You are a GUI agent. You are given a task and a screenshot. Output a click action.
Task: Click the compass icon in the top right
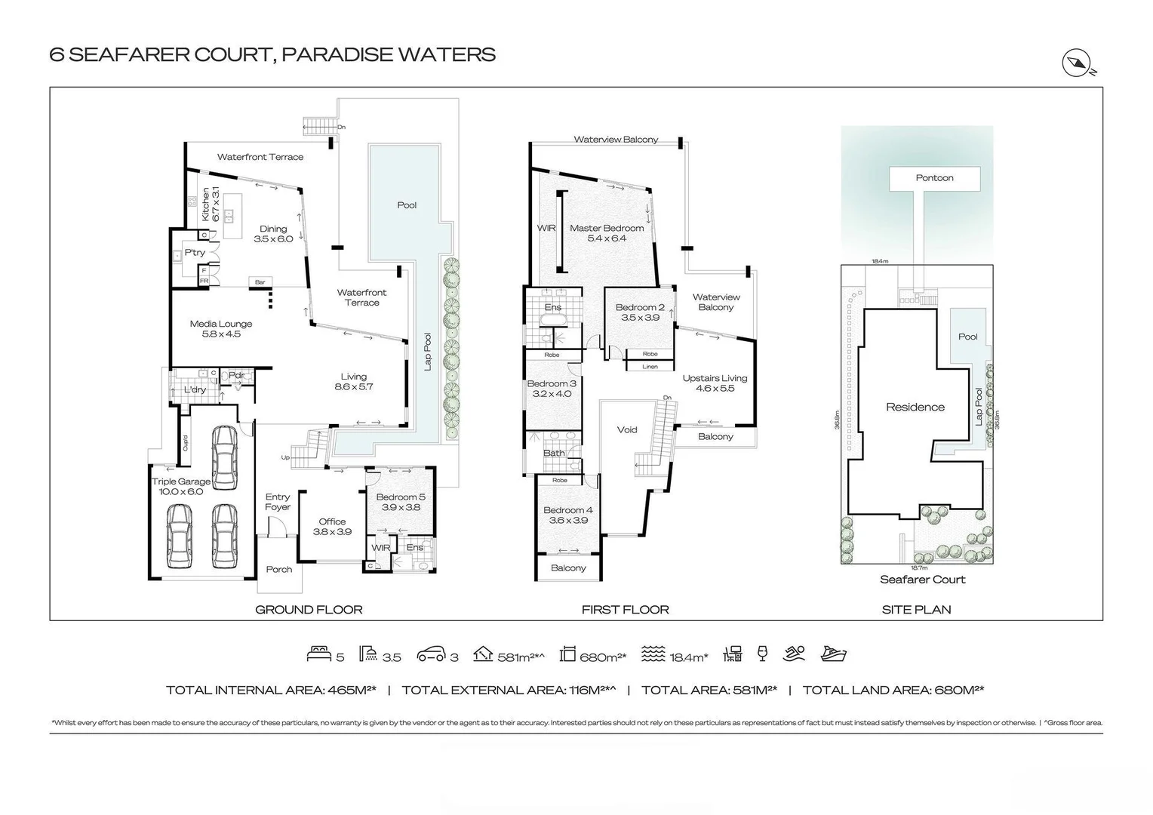[1077, 63]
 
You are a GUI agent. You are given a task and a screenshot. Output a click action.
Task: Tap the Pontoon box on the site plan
[934, 179]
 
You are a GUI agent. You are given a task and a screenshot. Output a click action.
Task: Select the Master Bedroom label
[607, 233]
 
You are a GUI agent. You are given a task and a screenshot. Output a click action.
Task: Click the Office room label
[332, 527]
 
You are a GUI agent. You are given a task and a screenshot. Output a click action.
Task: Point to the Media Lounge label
[221, 329]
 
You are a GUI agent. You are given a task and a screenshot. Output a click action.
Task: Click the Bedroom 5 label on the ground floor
[401, 502]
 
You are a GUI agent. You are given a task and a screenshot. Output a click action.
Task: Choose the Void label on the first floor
[627, 430]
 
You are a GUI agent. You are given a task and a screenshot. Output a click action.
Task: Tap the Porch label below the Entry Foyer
[279, 570]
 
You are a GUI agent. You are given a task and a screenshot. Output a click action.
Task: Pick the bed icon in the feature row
[318, 654]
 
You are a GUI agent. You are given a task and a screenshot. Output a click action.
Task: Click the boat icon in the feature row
[834, 654]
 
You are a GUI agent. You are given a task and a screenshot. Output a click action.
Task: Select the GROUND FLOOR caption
[309, 610]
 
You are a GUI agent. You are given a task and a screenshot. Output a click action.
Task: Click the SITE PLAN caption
[916, 610]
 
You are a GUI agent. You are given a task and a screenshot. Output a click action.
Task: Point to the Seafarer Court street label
[922, 580]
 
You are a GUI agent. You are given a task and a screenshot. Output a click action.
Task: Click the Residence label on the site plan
[915, 407]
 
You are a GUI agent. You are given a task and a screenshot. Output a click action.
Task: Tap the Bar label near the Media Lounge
[260, 282]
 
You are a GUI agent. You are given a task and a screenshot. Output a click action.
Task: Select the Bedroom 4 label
[567, 515]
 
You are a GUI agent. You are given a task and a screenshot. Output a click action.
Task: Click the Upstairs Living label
[715, 383]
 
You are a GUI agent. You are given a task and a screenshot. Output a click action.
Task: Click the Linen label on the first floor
[650, 367]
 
